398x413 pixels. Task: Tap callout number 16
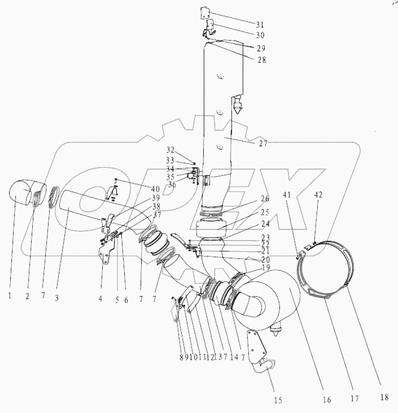[x=326, y=399]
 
